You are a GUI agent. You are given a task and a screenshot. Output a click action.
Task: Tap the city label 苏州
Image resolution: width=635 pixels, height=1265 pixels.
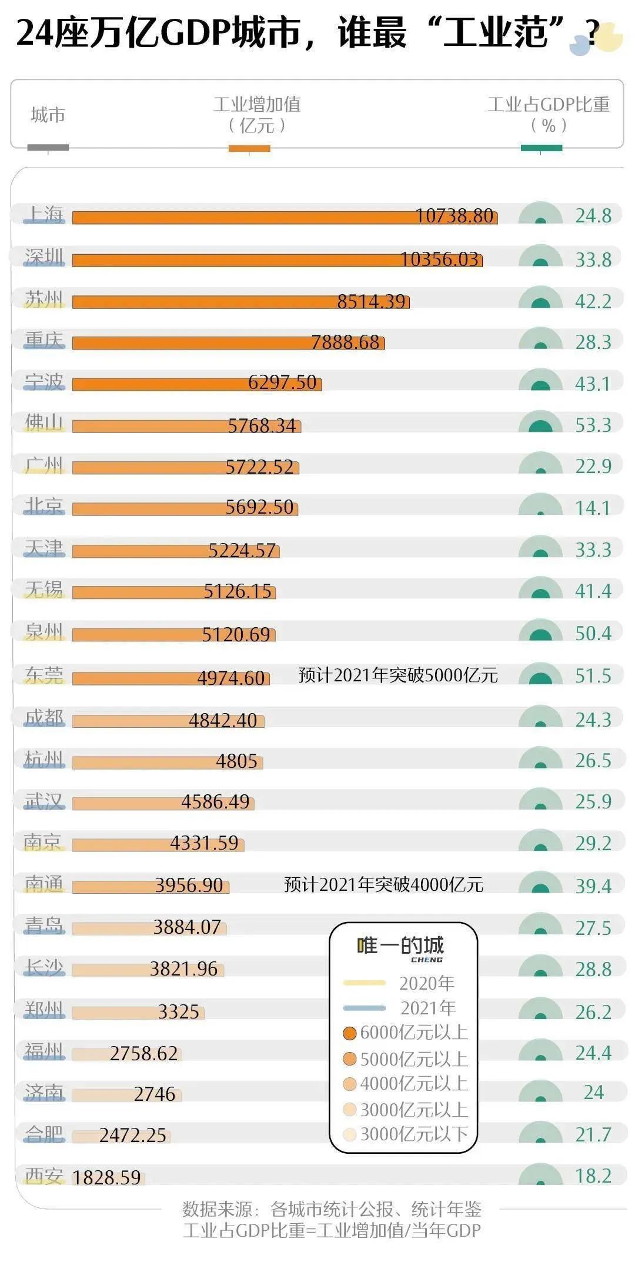click(44, 299)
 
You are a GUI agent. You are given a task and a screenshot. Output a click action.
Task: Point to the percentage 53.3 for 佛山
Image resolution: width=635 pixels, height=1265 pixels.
click(593, 425)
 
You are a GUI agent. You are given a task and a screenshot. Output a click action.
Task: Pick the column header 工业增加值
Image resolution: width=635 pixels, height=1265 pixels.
click(257, 105)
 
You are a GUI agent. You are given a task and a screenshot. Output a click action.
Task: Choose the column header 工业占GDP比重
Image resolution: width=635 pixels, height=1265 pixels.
click(548, 105)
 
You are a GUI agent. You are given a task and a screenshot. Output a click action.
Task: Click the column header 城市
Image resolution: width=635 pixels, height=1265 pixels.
click(48, 115)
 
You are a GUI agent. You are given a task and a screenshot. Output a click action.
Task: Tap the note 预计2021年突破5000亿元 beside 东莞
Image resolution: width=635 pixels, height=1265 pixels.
click(398, 675)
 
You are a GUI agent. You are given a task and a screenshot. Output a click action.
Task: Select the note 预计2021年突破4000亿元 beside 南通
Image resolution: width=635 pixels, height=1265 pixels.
click(383, 884)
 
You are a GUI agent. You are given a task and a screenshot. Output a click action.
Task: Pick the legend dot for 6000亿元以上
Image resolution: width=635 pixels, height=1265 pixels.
click(350, 1033)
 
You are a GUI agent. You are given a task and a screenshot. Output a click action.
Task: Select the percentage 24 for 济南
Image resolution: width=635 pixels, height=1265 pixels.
click(593, 1092)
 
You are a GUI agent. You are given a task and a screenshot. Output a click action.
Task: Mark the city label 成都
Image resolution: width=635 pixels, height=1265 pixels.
click(44, 718)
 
